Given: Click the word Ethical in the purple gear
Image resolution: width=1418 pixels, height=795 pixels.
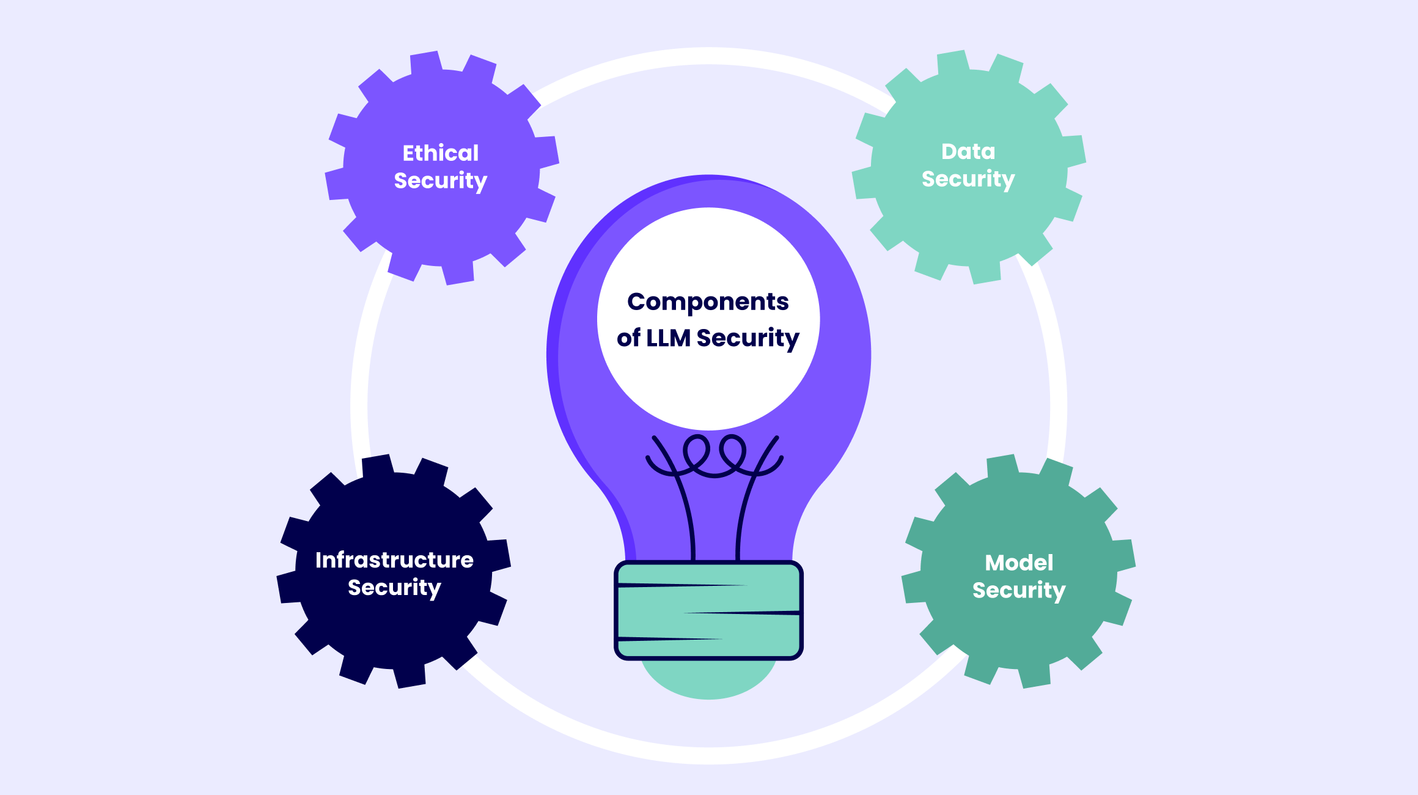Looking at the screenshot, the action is click(440, 153).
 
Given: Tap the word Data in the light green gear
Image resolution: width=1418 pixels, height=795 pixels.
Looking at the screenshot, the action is click(968, 151).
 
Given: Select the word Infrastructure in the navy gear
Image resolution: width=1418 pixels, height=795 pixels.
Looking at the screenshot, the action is click(394, 560).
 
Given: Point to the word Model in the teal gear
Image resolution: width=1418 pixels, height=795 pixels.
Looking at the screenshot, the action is click(1019, 563).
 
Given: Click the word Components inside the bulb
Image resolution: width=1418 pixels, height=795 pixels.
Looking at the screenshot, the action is click(708, 302).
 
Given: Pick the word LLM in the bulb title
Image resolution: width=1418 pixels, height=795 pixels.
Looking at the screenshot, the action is click(668, 338).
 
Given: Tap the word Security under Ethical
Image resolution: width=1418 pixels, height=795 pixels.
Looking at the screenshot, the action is click(440, 181).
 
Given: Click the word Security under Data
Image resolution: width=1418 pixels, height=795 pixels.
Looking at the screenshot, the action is click(968, 179).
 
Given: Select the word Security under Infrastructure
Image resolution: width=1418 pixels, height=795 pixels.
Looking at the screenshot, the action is click(394, 588).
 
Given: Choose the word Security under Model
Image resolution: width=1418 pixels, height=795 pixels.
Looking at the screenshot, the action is click(1019, 591).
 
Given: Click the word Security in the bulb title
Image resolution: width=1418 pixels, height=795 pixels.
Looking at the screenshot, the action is click(748, 338).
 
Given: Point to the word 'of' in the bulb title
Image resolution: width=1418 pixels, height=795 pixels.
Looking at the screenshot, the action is click(628, 338).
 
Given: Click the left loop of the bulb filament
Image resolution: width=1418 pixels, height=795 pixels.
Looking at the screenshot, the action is click(696, 451).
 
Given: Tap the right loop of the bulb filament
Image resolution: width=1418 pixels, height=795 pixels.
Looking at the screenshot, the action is click(733, 451).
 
